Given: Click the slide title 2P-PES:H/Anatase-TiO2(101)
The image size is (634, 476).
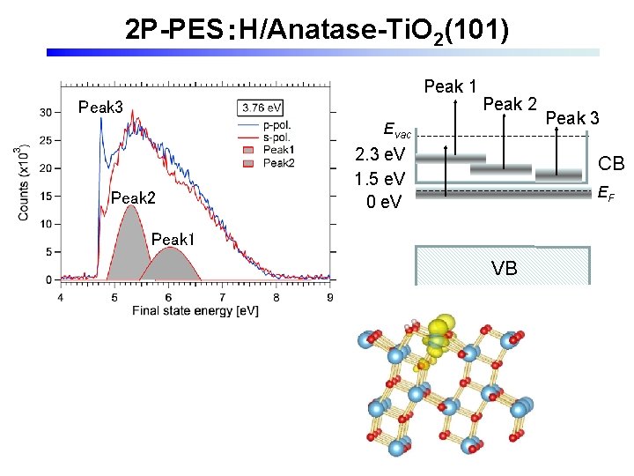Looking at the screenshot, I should (x=316, y=30).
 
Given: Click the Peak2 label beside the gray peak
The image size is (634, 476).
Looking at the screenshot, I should (x=133, y=198).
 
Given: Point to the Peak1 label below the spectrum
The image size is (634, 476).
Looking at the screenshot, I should (x=173, y=239).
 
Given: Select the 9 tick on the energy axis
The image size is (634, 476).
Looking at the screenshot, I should (x=329, y=298).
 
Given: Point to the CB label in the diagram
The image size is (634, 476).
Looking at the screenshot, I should (x=611, y=163).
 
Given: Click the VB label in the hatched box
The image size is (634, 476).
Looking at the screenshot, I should (x=504, y=268).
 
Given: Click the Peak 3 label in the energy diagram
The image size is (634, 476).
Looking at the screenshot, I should (x=572, y=117).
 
